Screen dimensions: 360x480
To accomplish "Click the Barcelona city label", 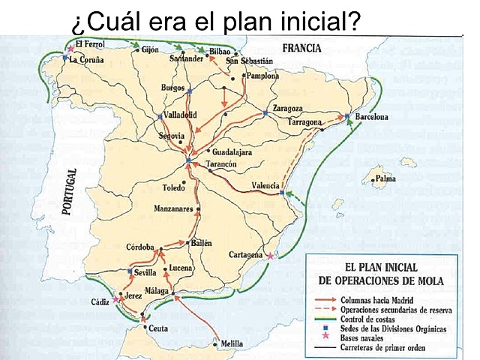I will coord(371,118).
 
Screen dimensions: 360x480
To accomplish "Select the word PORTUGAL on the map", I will coord(72,192).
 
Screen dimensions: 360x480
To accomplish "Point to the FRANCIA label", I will coord(301,48).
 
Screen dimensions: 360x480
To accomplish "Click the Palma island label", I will coord(386,179).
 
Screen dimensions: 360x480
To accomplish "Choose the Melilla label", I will coord(229,343).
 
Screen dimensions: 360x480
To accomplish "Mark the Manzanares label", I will coord(174,208).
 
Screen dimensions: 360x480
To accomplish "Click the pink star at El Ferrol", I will coord(70,49).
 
